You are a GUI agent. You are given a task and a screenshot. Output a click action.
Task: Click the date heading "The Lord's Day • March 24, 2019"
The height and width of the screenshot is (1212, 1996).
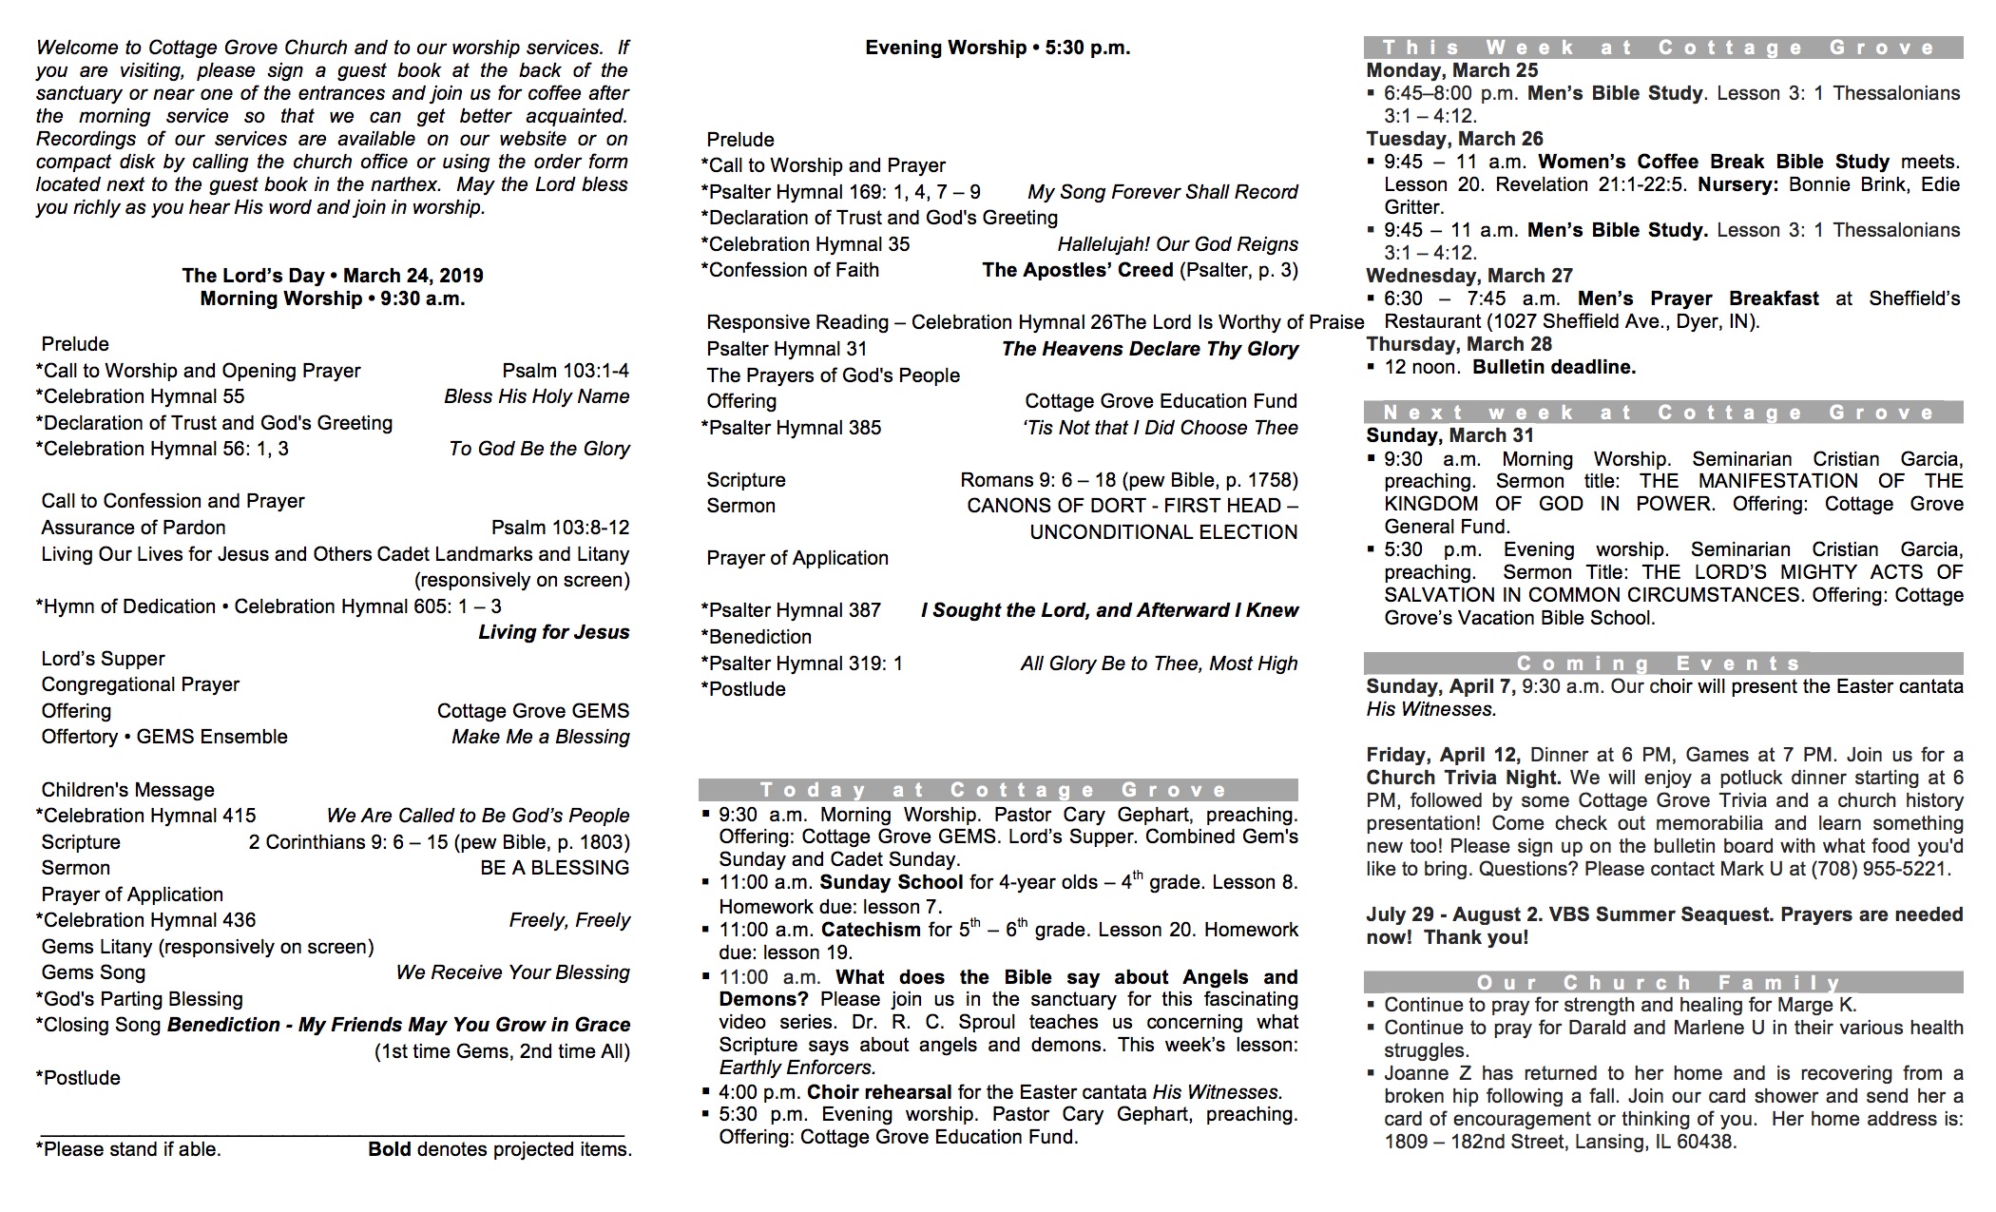(x=333, y=276)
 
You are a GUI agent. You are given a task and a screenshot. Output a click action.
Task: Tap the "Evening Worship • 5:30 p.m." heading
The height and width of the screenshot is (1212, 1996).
(x=997, y=48)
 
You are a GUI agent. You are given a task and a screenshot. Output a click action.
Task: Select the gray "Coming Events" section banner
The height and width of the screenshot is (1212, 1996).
(x=1662, y=664)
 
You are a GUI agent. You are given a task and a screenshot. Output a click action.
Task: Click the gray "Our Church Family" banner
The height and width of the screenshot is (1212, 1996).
(x=1662, y=982)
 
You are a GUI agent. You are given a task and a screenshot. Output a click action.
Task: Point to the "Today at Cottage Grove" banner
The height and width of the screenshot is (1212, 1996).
(x=997, y=790)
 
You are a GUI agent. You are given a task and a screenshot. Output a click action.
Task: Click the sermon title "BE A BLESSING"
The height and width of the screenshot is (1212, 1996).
(x=554, y=868)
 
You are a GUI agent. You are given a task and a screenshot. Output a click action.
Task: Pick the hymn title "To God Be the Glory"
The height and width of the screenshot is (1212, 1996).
(x=539, y=449)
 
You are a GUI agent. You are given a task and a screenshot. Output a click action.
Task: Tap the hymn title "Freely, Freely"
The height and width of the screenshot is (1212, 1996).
(x=569, y=920)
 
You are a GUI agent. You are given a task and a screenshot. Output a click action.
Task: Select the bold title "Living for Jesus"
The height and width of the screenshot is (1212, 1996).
(x=553, y=632)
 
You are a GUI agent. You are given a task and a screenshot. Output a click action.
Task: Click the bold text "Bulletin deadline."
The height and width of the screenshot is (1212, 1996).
(x=1554, y=367)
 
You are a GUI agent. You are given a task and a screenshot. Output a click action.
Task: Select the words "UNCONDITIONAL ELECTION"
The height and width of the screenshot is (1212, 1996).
(x=1163, y=532)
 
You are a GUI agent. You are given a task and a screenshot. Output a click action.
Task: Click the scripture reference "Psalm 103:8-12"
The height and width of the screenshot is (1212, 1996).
(x=560, y=528)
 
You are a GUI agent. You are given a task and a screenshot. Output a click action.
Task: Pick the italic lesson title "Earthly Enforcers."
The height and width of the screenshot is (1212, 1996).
(x=796, y=1068)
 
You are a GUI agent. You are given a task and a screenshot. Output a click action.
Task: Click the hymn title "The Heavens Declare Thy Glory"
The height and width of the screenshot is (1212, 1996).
(x=1149, y=349)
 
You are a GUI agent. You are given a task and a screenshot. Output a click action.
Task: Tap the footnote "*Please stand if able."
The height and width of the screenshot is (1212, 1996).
(x=128, y=1149)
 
